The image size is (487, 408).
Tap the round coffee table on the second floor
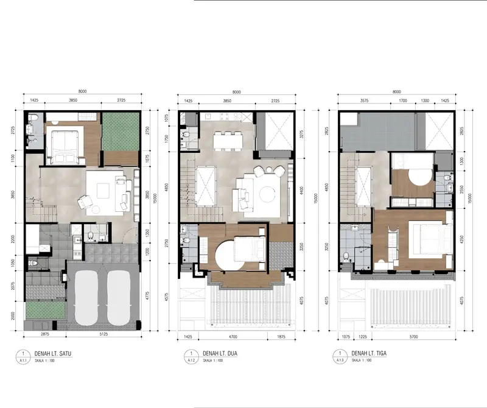[x=268, y=195]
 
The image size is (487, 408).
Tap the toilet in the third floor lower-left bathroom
[x=346, y=256]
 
